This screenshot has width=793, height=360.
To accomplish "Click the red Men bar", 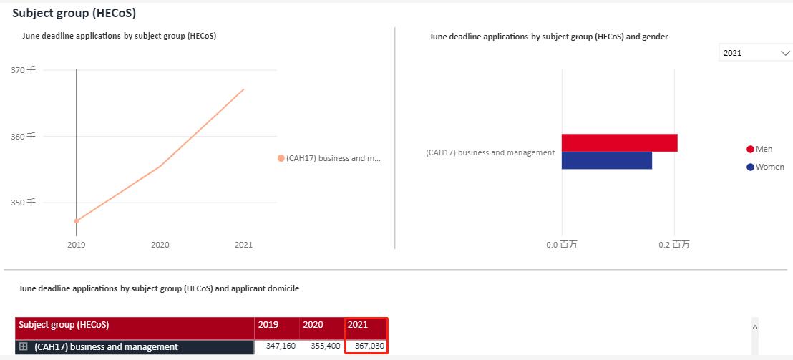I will tap(619, 142).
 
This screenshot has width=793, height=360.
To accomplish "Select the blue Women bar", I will tap(606, 160).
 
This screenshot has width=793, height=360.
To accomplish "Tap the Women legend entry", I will tap(764, 167).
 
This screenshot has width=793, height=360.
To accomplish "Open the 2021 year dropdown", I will tap(755, 53).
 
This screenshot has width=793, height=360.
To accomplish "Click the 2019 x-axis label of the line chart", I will tap(77, 245).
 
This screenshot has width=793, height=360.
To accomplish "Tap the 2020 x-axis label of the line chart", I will tap(160, 245).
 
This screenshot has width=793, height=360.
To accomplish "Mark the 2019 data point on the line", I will tap(77, 220).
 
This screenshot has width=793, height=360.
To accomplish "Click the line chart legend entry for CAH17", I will tap(329, 158).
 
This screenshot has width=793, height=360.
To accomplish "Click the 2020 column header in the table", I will tap(313, 325).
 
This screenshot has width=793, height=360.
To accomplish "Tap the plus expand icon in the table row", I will tap(24, 346).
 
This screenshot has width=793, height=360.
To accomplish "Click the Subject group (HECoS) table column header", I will tap(64, 325).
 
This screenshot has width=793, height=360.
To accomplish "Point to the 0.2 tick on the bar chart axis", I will tap(673, 245).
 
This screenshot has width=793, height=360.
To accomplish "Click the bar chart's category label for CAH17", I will tap(490, 152).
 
